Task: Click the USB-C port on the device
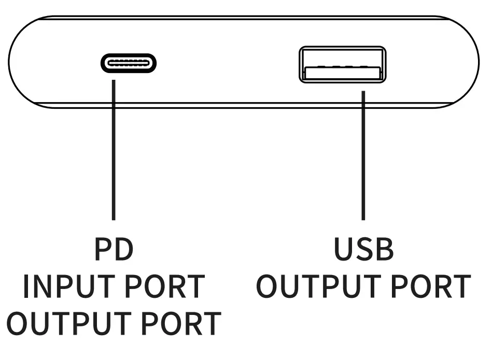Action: (x=128, y=63)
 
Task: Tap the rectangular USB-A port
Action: (x=342, y=65)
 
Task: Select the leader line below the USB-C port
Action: (x=113, y=150)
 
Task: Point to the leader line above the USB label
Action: (x=363, y=155)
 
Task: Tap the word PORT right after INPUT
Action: (x=165, y=286)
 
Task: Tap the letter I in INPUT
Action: (x=26, y=286)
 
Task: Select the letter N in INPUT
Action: (x=44, y=286)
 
